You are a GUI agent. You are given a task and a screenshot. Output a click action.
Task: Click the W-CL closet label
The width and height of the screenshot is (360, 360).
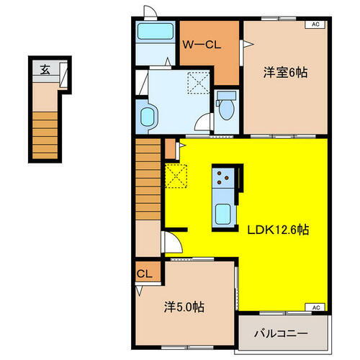(x=201, y=45)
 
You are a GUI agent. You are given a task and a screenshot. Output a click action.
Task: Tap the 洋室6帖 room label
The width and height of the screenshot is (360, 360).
(x=285, y=72)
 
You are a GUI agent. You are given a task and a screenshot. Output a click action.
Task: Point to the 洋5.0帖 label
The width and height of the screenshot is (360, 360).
(x=184, y=307)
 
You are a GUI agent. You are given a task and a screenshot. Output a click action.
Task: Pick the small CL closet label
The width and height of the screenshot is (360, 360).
(x=144, y=274)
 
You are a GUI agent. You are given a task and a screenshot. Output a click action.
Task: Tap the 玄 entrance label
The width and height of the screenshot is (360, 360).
(x=45, y=70)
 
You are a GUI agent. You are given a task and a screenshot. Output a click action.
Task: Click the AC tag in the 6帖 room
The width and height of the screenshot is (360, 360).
(x=315, y=24)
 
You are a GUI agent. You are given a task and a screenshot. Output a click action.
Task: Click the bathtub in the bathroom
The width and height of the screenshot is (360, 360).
(x=154, y=32)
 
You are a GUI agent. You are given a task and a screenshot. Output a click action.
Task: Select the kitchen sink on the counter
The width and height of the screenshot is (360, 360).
(x=223, y=214)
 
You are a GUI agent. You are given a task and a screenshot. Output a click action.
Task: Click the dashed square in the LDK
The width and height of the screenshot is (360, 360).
(x=176, y=174)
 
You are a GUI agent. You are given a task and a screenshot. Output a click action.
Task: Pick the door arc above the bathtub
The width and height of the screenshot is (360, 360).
(x=150, y=12)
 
